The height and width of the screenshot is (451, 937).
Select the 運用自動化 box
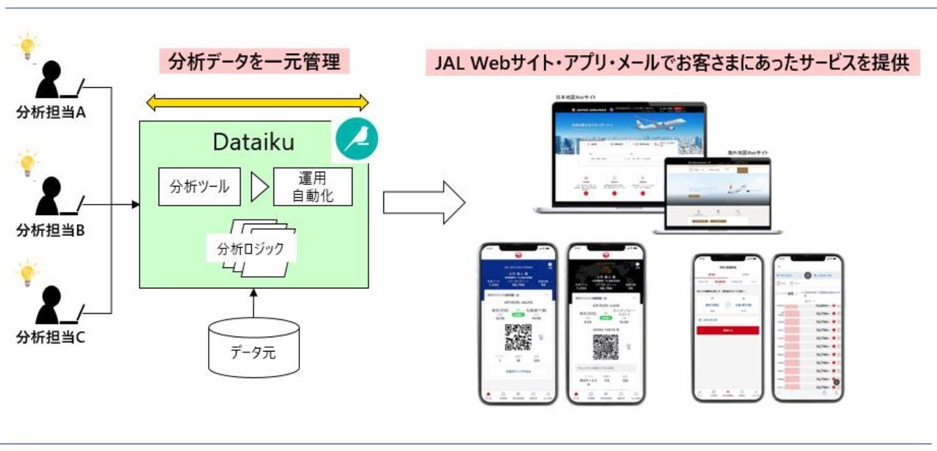coord(312,187)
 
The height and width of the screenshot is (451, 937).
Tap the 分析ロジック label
coord(251,249)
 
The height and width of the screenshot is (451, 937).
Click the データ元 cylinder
coord(254,347)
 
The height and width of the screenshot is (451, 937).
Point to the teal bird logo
coord(356,140)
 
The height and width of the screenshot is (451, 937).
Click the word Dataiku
coord(253,142)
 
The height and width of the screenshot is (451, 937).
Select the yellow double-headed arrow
coord(257,103)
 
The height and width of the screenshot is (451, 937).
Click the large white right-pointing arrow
coord(423,202)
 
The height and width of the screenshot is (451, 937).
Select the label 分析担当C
coord(51,338)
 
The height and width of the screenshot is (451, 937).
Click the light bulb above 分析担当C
coord(27,272)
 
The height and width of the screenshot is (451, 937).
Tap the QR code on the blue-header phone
coord(518,337)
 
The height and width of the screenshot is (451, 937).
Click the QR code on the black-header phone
coord(606,348)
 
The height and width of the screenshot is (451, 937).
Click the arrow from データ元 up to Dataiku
coord(253,304)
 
